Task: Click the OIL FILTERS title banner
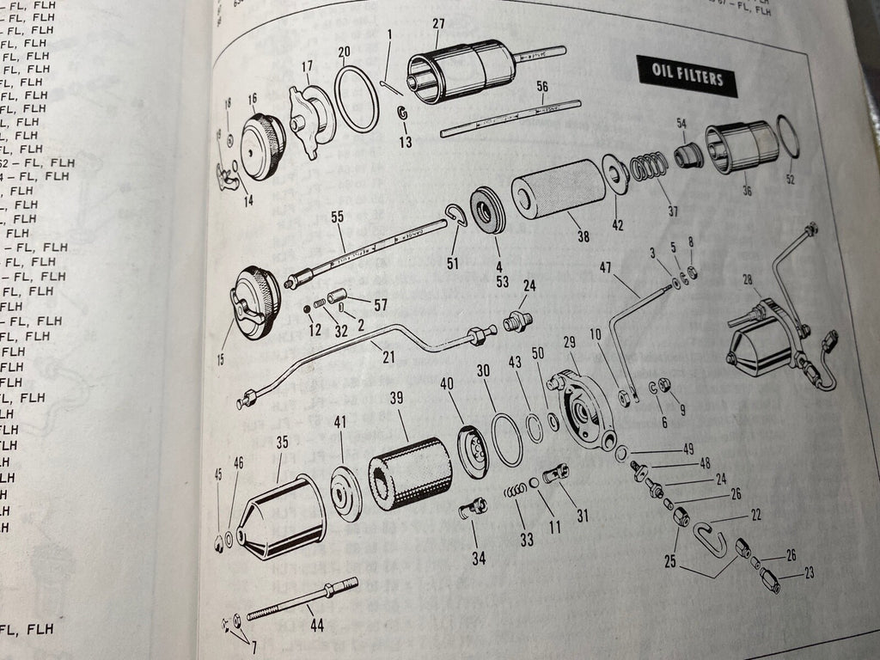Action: [x=687, y=77]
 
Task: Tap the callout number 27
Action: [x=440, y=23]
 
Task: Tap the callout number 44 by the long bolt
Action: [x=317, y=626]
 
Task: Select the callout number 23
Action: [x=809, y=573]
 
